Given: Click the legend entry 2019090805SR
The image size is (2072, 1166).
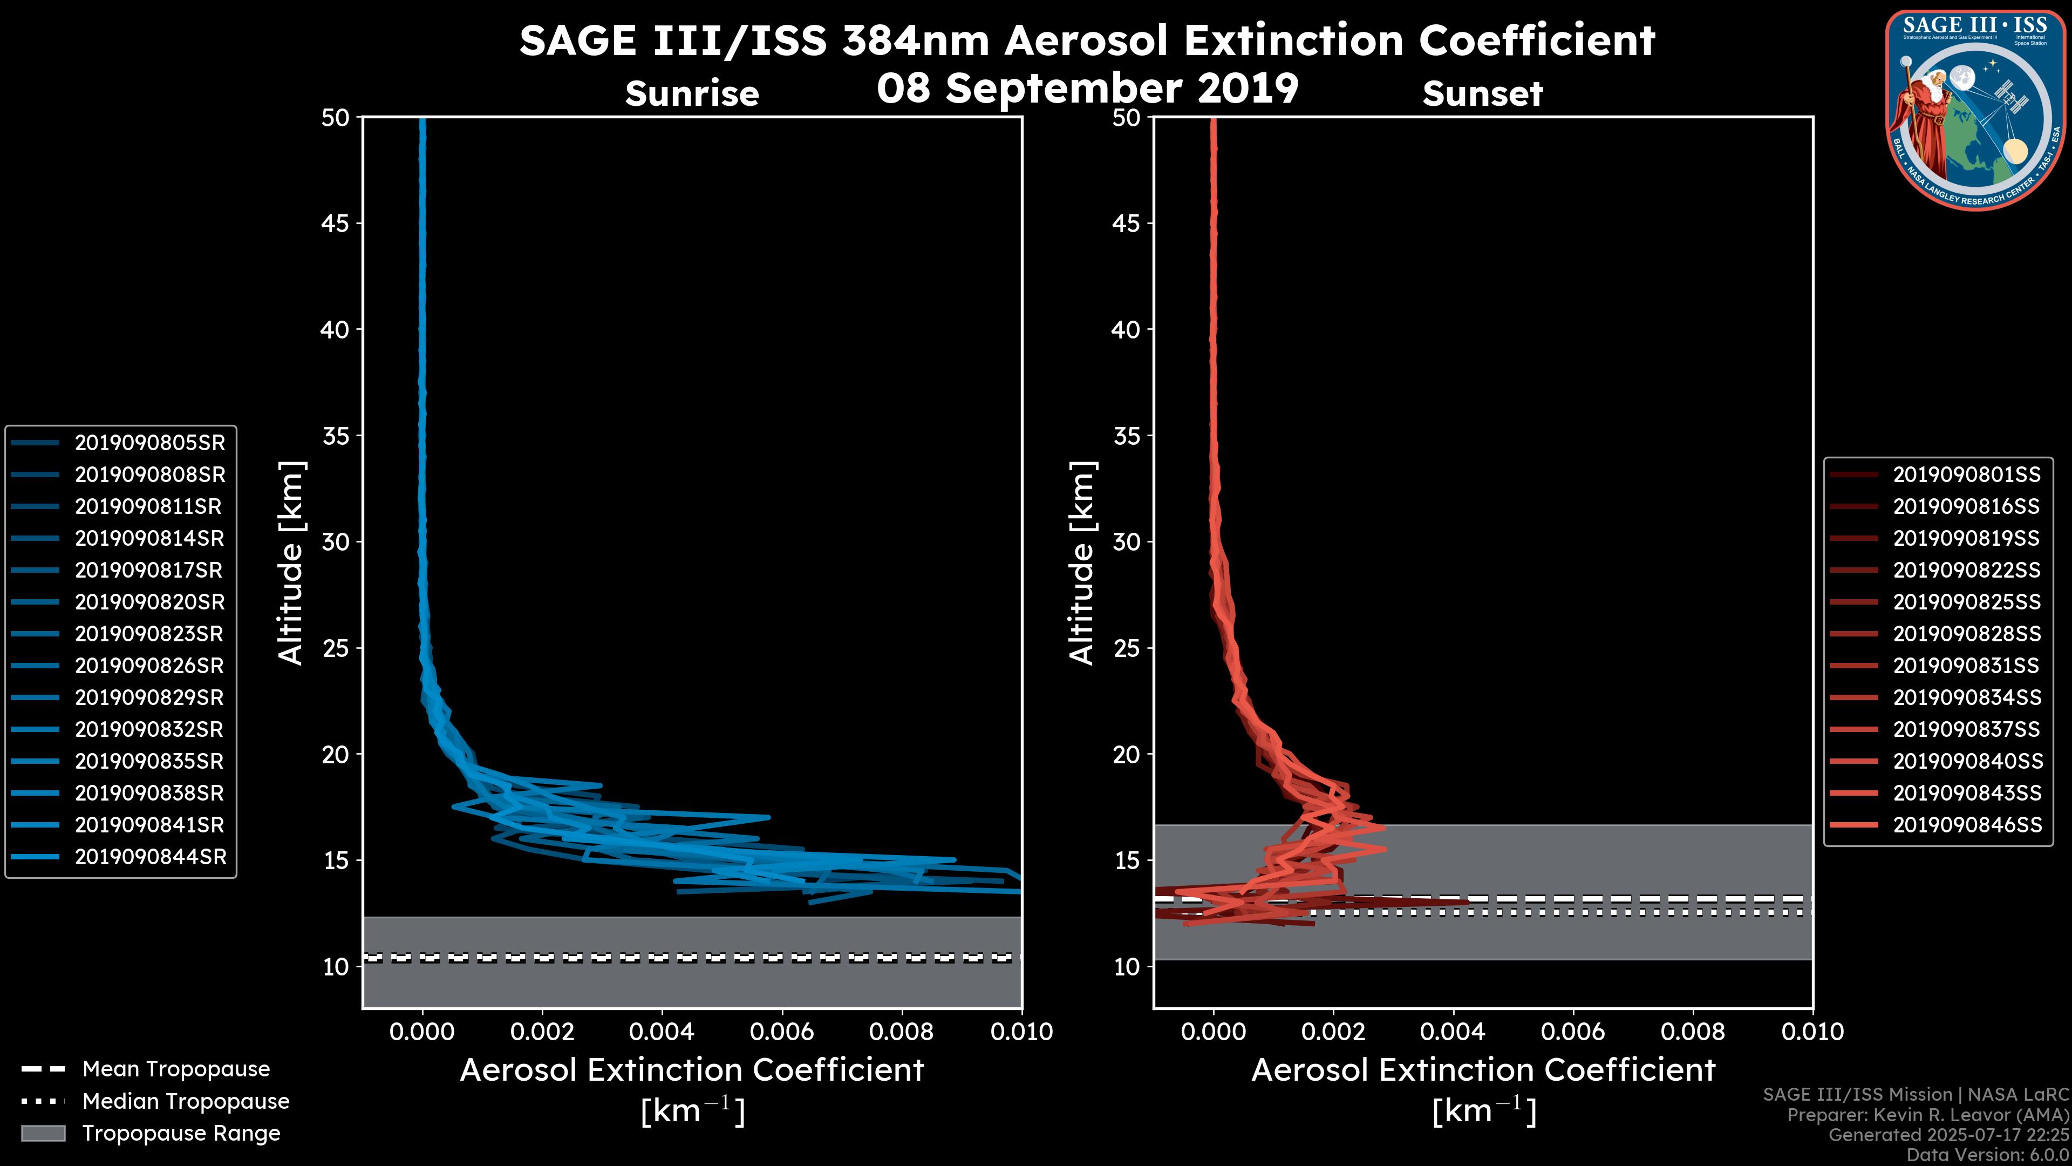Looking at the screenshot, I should pos(149,443).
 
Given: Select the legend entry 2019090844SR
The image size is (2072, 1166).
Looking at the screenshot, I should pos(149,857).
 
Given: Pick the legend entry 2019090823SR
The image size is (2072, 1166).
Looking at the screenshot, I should pos(149,634).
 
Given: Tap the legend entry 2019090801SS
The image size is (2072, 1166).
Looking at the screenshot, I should pos(1966,475).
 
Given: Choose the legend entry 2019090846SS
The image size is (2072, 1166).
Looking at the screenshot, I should pos(1966,825).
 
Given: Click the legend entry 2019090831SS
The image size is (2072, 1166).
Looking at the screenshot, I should pos(1966,666).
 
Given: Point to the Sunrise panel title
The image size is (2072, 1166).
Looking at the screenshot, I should pos(692,94).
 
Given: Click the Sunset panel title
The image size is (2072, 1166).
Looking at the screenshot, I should pos(1482,94).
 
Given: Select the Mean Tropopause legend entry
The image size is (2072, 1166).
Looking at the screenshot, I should pos(175,1069).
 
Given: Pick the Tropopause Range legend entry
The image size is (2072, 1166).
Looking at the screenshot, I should pos(181,1134).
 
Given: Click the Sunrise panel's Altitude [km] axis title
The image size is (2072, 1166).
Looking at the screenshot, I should pos(291,562).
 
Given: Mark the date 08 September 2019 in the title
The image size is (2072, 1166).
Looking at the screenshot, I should pos(1087,89).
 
